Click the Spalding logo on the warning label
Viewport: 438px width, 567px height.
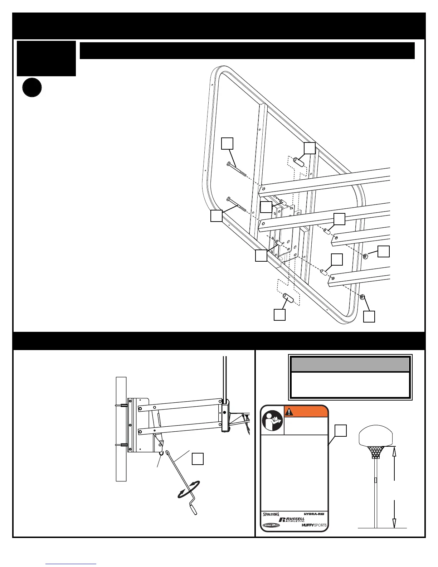pos(271,514)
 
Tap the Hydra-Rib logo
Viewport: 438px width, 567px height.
pos(314,514)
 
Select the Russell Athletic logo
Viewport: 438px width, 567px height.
pos(292,519)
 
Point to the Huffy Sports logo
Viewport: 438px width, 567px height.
pos(314,525)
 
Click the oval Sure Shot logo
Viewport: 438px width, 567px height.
pos(271,525)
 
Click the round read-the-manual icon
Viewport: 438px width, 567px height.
pos(272,420)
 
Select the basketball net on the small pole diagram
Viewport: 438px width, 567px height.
pos(376,452)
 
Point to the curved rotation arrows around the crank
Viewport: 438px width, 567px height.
pos(189,489)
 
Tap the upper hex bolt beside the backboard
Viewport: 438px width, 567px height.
pos(237,169)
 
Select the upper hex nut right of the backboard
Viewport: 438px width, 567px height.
pos(366,256)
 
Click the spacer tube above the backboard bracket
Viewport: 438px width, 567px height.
pos(299,161)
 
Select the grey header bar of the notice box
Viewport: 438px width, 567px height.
pos(350,364)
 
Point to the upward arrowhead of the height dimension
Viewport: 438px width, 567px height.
pos(394,451)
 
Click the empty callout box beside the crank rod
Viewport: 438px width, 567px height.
pos(198,459)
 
